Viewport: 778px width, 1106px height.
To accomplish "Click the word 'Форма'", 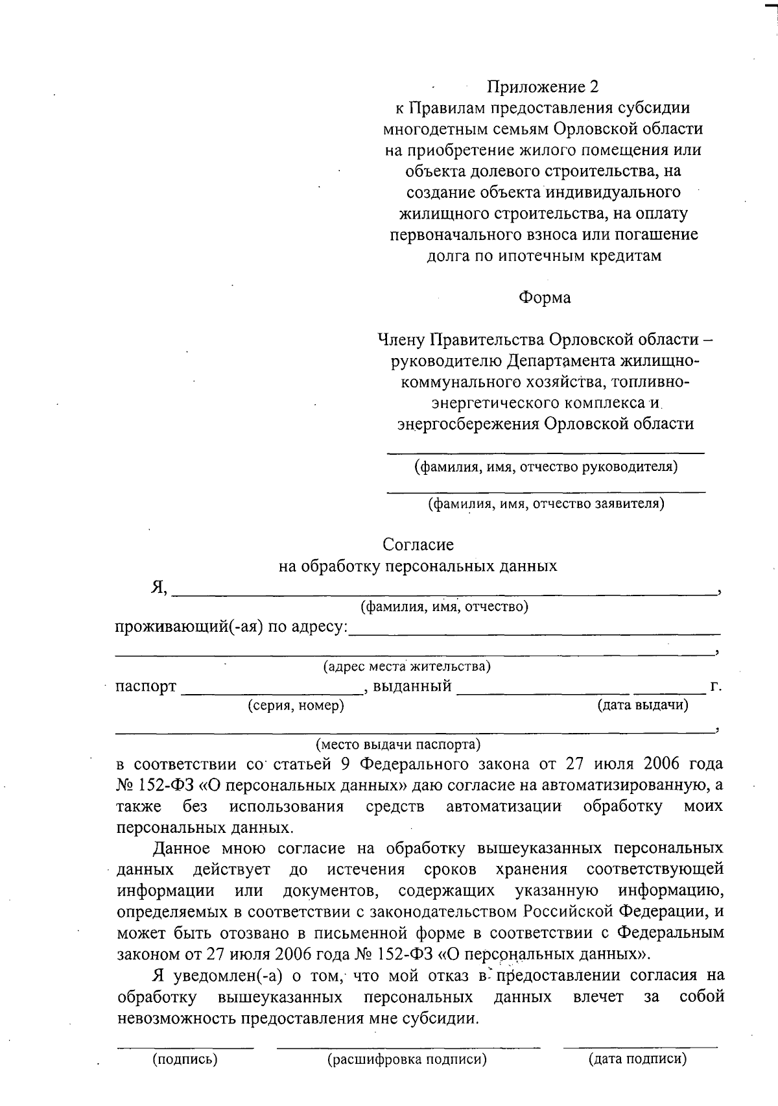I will pyautogui.click(x=545, y=298).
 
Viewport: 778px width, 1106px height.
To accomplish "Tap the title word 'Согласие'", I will pyautogui.click(x=418, y=544).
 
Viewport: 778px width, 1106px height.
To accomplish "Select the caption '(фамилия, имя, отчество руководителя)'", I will pyautogui.click(x=546, y=466).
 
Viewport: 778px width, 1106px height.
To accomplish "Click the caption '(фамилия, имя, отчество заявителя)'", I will pyautogui.click(x=546, y=503).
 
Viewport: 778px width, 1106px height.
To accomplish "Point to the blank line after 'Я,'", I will pyautogui.click(x=443, y=593).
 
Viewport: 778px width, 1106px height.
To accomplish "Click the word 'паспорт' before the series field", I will pyautogui.click(x=145, y=686).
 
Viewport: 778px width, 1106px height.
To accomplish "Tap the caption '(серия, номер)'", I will pyautogui.click(x=296, y=706).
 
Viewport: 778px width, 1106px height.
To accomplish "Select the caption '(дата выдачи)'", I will pyautogui.click(x=642, y=705).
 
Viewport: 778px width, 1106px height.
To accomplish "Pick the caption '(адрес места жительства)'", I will pyautogui.click(x=407, y=666).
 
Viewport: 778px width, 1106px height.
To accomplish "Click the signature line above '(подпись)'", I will pyautogui.click(x=185, y=1046).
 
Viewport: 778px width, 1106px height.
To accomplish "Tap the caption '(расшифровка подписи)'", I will pyautogui.click(x=407, y=1060).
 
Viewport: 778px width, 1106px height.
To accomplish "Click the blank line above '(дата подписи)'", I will pyautogui.click(x=640, y=1046).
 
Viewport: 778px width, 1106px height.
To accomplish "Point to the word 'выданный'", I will pyautogui.click(x=412, y=686).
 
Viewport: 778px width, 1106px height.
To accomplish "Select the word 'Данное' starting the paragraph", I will pyautogui.click(x=181, y=848).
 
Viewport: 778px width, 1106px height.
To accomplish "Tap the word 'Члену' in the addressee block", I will pyautogui.click(x=401, y=339).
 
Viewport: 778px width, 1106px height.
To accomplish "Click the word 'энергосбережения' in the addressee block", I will pyautogui.click(x=468, y=424).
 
